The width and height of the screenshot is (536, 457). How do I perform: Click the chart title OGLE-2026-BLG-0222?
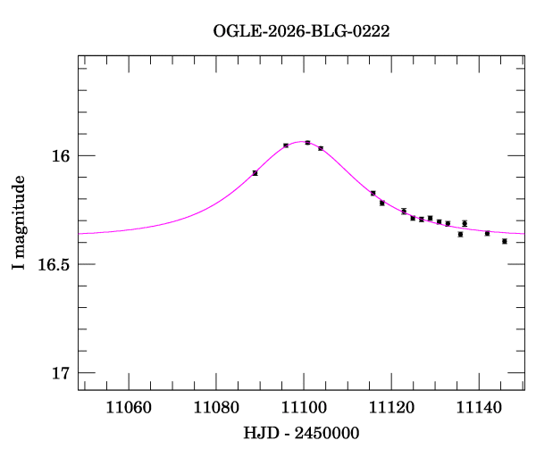pyautogui.click(x=301, y=30)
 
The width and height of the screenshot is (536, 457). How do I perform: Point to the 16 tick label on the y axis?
pyautogui.click(x=60, y=156)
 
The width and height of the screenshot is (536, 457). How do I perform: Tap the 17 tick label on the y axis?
pyautogui.click(x=60, y=373)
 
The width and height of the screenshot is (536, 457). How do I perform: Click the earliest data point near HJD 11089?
pyautogui.click(x=255, y=172)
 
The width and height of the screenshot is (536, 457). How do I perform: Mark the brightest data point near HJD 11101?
pyautogui.click(x=307, y=142)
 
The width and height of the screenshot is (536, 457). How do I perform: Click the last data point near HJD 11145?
pyautogui.click(x=505, y=241)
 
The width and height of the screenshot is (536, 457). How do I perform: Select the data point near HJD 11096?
pyautogui.click(x=286, y=145)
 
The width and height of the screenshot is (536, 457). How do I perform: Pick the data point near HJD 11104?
pyautogui.click(x=321, y=147)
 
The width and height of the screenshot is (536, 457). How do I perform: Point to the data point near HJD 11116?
pyautogui.click(x=373, y=193)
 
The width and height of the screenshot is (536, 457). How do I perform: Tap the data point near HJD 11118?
pyautogui.click(x=382, y=203)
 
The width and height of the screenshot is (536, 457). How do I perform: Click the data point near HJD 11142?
pyautogui.click(x=487, y=233)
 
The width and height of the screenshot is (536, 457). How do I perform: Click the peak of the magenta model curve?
pyautogui.click(x=300, y=142)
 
